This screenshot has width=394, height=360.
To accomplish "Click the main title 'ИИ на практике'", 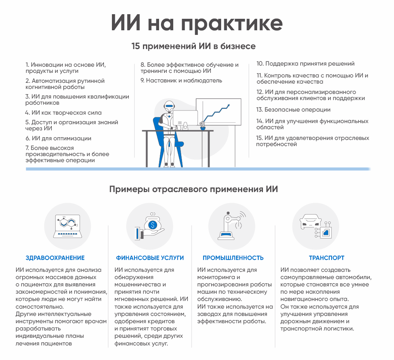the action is click(197, 23).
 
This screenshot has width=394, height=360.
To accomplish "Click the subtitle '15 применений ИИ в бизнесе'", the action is click(194, 46).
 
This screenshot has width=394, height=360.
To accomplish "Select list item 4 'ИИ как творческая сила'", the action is click(63, 113).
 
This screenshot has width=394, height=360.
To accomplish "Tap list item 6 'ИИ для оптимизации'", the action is click(58, 138).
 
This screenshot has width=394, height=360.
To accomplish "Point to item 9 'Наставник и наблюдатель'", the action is click(181, 81).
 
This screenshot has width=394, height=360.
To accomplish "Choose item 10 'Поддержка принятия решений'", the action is click(305, 64).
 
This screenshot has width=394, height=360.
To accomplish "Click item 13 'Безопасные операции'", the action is click(293, 110).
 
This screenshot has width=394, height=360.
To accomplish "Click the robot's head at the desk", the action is click(169, 107).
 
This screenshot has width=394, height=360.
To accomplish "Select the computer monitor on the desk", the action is click(185, 118).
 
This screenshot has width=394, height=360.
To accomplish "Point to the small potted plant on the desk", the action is click(202, 126).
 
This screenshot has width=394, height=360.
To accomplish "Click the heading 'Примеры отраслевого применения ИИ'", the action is click(194, 189).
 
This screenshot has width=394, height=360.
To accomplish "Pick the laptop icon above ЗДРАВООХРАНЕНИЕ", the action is click(67, 226).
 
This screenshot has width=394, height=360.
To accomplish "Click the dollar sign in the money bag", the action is click(153, 225).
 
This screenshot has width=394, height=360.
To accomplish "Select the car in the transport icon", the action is click(310, 221).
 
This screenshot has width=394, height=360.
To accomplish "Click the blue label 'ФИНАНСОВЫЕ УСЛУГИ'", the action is click(150, 258).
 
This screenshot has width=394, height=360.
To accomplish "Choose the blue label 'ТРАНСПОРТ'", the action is click(327, 258).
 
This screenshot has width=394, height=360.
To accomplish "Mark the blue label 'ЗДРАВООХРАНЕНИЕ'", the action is click(55, 258).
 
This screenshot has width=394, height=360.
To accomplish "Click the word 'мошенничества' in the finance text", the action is click(138, 284).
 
